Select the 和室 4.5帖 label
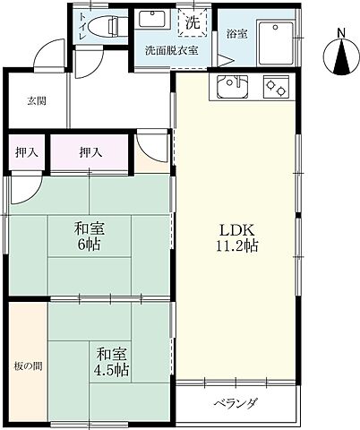[113, 360]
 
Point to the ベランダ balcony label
[236, 402]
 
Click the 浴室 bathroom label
[236, 34]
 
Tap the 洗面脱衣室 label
[172, 51]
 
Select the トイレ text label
[83, 28]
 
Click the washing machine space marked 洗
[193, 22]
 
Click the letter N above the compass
[342, 34]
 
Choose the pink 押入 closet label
[90, 151]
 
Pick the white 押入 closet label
[27, 151]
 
